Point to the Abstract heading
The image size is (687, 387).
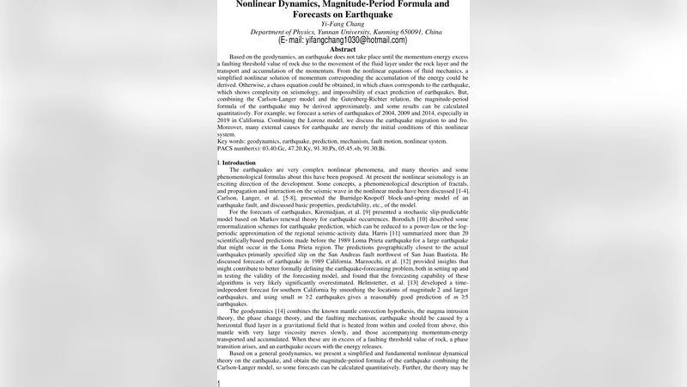[x=343, y=50]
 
